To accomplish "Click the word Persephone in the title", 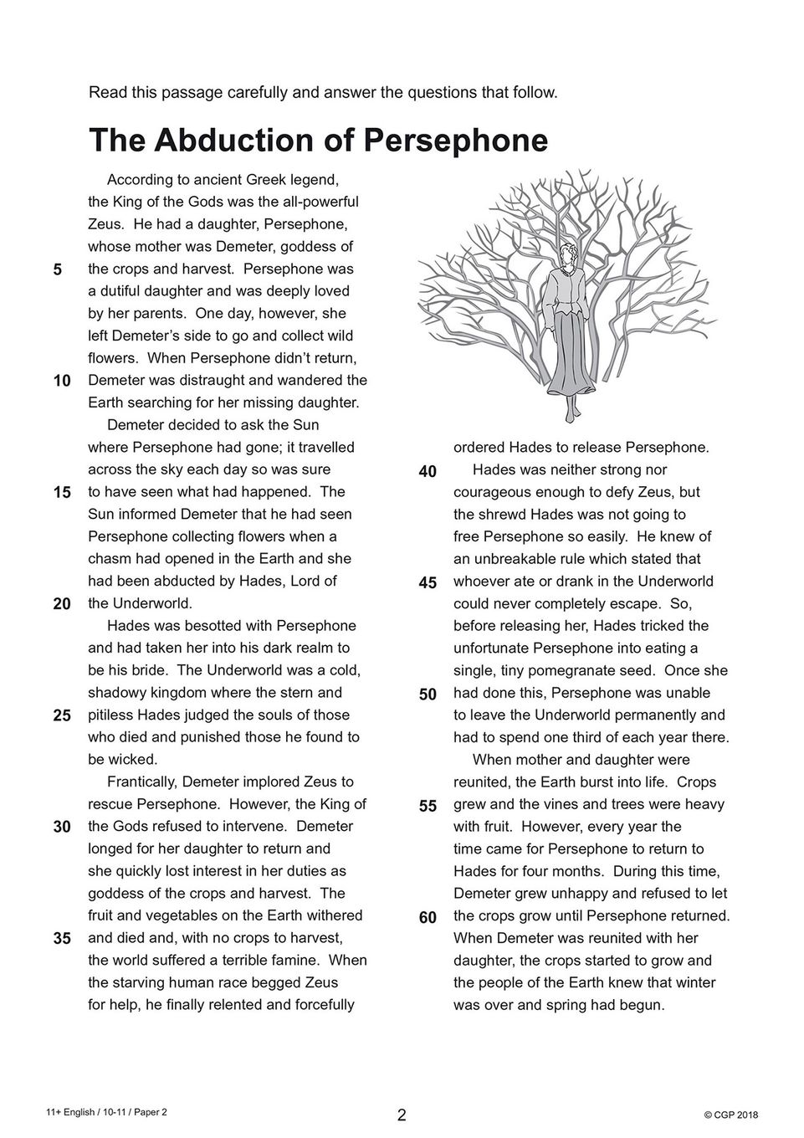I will pyautogui.click(x=454, y=141).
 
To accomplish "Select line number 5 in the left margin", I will pyautogui.click(x=57, y=269).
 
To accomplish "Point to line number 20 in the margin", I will pyautogui.click(x=62, y=604).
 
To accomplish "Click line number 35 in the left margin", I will pyautogui.click(x=62, y=938).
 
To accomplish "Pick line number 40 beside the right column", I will pyautogui.click(x=428, y=471).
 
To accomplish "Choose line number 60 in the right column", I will pyautogui.click(x=428, y=917).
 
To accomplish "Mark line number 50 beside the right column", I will pyautogui.click(x=428, y=695).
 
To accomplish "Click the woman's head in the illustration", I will pyautogui.click(x=569, y=253).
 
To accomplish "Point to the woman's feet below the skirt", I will pyautogui.click(x=572, y=413).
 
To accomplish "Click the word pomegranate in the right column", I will pyautogui.click(x=610, y=670).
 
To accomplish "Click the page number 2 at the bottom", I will pyautogui.click(x=402, y=1115).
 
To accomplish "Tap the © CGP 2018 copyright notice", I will pyautogui.click(x=730, y=1115).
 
